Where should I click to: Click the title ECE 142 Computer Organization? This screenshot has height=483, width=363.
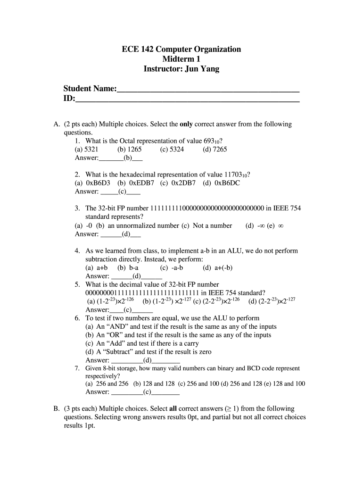point(181,49)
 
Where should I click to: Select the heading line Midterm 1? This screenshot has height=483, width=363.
point(181,59)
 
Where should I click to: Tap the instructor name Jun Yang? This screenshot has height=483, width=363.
point(203,69)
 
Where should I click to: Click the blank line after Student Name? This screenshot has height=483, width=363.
point(208,90)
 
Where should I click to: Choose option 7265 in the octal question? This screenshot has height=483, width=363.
point(219,150)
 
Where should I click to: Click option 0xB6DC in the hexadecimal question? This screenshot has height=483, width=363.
point(228,183)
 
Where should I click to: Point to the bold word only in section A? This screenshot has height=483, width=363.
point(187,125)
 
